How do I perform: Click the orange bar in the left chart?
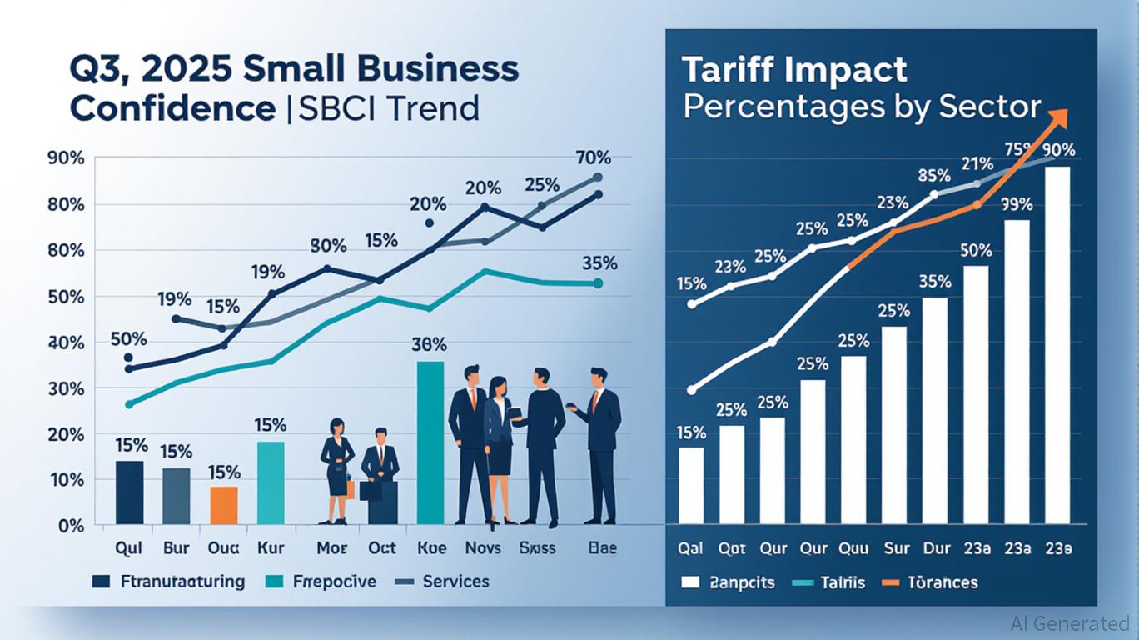[223, 506]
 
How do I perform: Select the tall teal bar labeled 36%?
[430, 442]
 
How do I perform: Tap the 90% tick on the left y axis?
[66, 158]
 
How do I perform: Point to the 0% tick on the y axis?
[71, 526]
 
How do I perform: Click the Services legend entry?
[455, 581]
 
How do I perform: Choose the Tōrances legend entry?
[943, 582]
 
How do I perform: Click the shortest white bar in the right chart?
[691, 485]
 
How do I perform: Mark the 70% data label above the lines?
[593, 157]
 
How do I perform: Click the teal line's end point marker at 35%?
[598, 283]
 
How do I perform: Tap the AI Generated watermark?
[1069, 622]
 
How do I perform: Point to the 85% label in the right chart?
[933, 176]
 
